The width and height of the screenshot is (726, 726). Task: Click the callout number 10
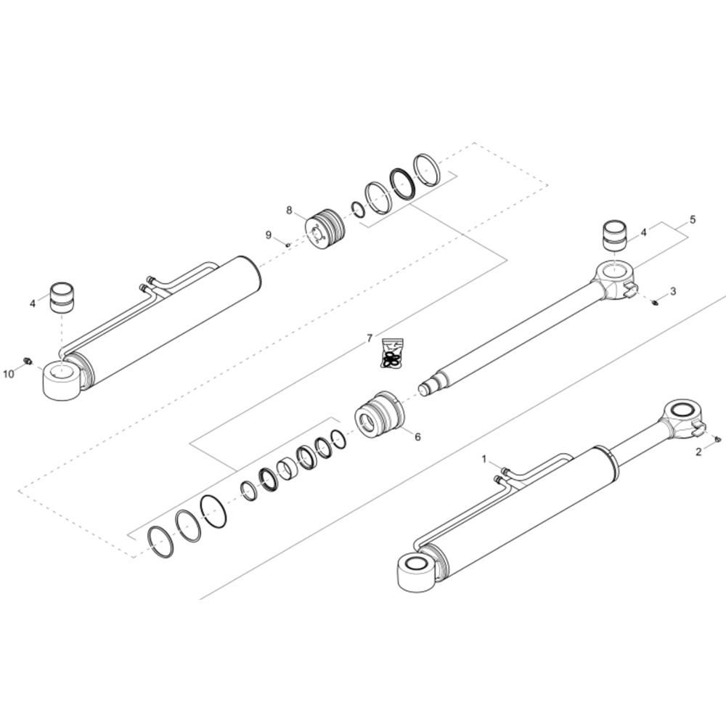click(x=9, y=373)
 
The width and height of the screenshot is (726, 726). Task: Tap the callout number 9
click(x=269, y=235)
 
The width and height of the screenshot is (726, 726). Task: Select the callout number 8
click(x=290, y=211)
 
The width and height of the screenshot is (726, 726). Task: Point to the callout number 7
click(x=370, y=338)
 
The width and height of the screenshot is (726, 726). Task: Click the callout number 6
click(x=417, y=436)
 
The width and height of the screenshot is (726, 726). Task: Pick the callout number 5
click(x=693, y=219)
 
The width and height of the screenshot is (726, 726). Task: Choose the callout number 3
click(x=673, y=291)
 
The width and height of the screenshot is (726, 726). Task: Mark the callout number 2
click(x=698, y=452)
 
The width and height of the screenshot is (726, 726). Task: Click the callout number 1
click(x=484, y=460)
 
